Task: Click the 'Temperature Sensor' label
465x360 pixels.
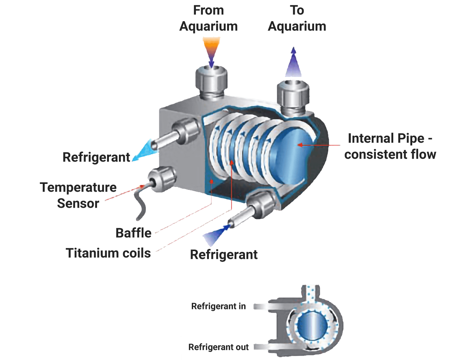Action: pos(78,195)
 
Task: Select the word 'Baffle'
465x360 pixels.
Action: pos(133,233)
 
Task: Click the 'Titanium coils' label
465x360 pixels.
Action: pos(108,253)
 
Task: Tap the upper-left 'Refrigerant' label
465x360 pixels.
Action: pos(97,157)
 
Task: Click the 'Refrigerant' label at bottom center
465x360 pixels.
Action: pos(224,255)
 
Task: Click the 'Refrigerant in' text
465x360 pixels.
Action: pos(219,307)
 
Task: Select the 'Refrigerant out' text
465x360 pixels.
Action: pos(219,347)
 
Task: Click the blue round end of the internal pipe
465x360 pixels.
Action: pos(292,156)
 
